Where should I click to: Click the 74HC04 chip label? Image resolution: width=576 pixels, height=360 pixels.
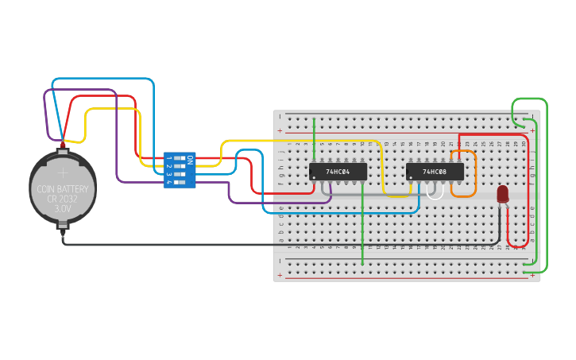pos(338,172)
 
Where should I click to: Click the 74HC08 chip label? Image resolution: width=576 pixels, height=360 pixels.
pos(435,172)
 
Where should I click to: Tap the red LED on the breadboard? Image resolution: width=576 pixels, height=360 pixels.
pos(502,194)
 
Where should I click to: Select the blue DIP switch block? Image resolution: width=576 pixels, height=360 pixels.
pos(179,170)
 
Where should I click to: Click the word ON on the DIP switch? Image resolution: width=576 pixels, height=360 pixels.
pos(189,159)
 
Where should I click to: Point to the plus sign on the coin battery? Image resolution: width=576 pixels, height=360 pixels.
pos(63,170)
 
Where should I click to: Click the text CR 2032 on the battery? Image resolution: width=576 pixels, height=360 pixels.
pos(63,199)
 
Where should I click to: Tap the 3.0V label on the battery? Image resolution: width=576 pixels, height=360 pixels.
pos(63,208)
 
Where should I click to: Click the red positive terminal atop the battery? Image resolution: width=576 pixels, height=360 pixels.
pos(63,145)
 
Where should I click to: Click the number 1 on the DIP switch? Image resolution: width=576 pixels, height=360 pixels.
pos(168,159)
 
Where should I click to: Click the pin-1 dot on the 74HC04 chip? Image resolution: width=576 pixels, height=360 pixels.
pos(314,177)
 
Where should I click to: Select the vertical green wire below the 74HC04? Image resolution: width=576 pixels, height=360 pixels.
pos(362,230)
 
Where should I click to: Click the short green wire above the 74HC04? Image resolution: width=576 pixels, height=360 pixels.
pos(315,139)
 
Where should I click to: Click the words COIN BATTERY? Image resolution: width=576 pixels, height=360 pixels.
pos(63,189)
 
